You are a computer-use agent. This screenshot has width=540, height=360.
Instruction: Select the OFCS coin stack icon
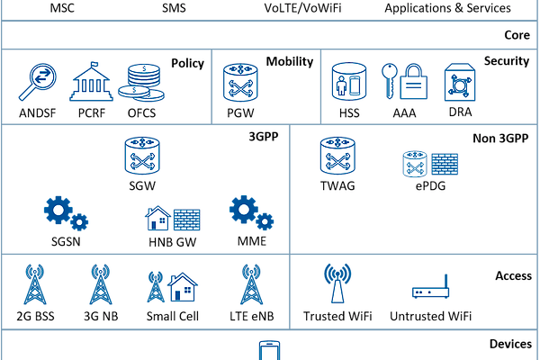click(x=144, y=83)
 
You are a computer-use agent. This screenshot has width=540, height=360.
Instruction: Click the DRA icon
click(x=459, y=82)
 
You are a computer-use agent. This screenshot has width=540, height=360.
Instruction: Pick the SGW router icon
click(x=142, y=156)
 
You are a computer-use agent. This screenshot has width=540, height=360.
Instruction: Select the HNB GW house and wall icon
click(x=172, y=219)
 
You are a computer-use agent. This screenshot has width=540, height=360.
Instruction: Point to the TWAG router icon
click(x=337, y=156)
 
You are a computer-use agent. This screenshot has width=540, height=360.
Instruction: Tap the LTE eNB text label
click(x=246, y=316)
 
